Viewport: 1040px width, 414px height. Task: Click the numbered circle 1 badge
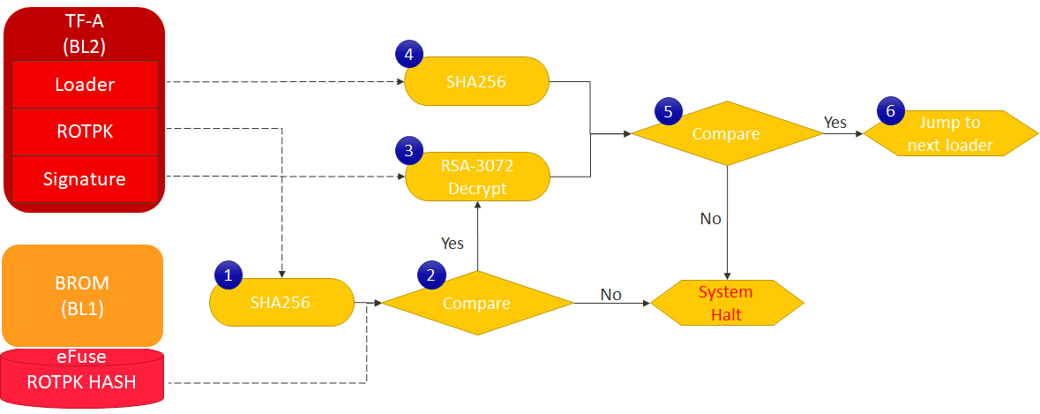coord(228,275)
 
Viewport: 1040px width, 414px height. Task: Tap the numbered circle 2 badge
coord(430,275)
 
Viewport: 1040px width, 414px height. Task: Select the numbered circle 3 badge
coord(408,151)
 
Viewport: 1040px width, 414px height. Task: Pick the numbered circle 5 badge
coord(667,111)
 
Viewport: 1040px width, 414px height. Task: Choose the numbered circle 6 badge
coord(890,111)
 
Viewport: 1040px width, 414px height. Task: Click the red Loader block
coord(85,85)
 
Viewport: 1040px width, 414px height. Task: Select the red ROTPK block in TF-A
coord(85,132)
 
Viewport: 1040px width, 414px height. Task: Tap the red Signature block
coord(85,179)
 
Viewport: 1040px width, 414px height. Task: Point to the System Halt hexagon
coord(727,303)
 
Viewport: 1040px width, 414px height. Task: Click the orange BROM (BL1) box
coord(83,295)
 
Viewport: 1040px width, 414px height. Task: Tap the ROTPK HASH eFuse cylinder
coord(83,379)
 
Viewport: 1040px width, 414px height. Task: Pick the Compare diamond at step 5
coord(727,134)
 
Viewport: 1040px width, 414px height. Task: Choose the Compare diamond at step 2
coord(476,303)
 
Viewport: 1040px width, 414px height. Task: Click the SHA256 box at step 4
coord(477,81)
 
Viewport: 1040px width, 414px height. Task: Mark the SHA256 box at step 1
coord(281,303)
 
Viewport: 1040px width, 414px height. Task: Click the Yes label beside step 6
coord(835,121)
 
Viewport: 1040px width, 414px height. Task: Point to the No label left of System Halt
coord(610,293)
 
